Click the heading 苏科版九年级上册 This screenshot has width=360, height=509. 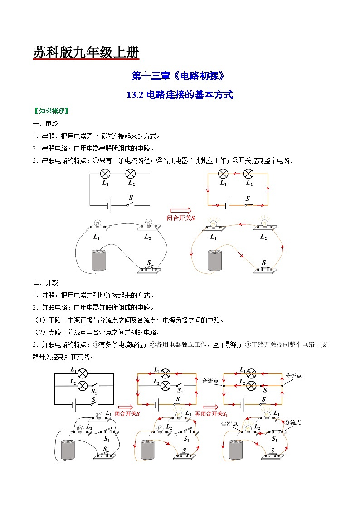pyautogui.click(x=86, y=53)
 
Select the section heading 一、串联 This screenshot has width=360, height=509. pyautogui.click(x=45, y=124)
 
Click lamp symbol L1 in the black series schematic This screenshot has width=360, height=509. pyautogui.click(x=105, y=174)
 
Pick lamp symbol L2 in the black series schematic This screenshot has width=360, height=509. pyautogui.click(x=131, y=174)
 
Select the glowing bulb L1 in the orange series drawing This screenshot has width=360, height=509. pyautogui.click(x=213, y=223)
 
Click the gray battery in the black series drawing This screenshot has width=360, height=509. pyautogui.click(x=100, y=260)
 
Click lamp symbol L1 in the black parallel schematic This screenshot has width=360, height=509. pyautogui.click(x=82, y=373)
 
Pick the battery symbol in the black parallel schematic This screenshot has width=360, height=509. pyautogui.click(x=73, y=404)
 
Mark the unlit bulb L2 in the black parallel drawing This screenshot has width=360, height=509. pyautogui.click(x=80, y=428)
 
